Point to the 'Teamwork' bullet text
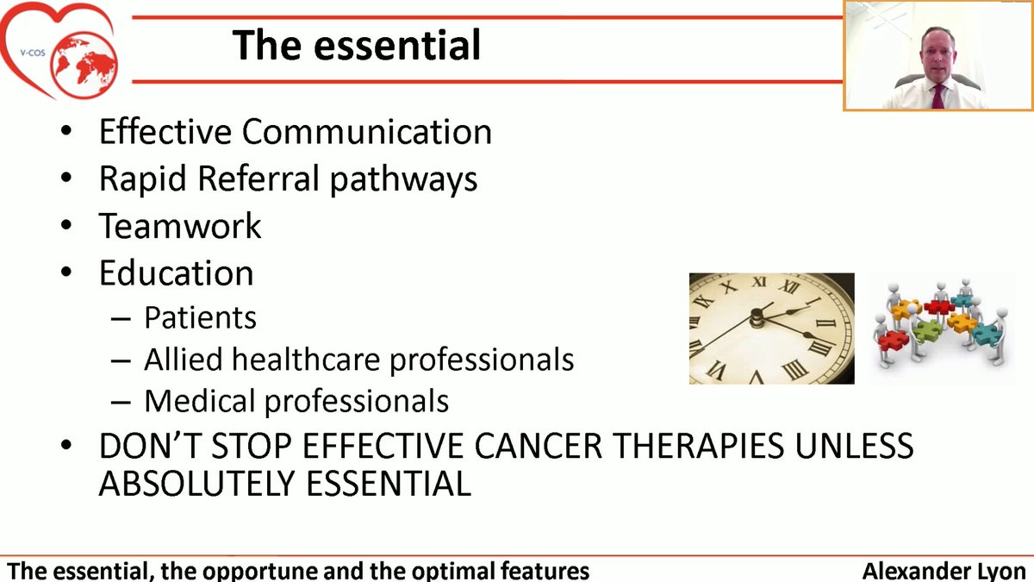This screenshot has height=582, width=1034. point(180,226)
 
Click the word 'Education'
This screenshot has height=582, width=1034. point(176,272)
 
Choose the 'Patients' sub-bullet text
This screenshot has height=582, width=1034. point(200,317)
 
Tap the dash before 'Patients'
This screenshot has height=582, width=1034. point(121,318)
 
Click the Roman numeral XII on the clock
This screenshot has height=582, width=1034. point(760,282)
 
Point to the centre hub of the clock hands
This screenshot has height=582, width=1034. point(757,320)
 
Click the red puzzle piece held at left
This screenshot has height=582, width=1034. point(894,339)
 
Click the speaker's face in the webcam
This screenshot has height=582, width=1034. point(936,53)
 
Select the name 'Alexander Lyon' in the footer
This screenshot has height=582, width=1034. point(944,571)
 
